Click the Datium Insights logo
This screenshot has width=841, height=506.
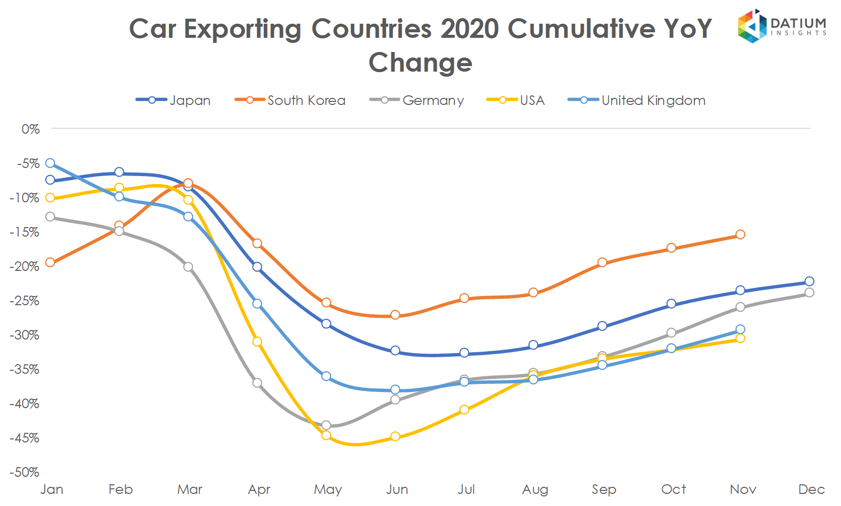tap(781, 26)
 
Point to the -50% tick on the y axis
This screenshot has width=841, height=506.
tap(24, 472)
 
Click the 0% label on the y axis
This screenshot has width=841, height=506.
tap(30, 129)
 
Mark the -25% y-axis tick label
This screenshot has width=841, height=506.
tap(24, 301)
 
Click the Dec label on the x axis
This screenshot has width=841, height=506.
tap(811, 489)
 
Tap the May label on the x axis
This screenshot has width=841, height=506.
tap(328, 489)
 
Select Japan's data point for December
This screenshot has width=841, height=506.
tap(809, 282)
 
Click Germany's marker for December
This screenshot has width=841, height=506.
tap(809, 293)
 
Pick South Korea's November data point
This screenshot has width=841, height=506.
tap(740, 235)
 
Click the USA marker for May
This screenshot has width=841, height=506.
tap(326, 435)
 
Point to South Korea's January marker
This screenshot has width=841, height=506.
tap(50, 262)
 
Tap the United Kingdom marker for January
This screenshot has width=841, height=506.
tap(50, 163)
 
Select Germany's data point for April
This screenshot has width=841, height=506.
tap(257, 383)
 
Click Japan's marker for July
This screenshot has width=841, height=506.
tap(464, 353)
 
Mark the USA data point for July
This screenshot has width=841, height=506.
tap(464, 410)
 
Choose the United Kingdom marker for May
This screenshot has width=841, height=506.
tap(326, 376)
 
